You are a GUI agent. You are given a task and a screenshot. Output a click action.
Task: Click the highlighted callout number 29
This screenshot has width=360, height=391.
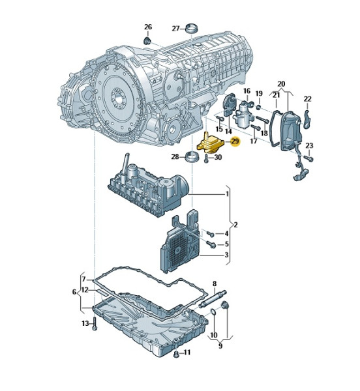click(235, 141)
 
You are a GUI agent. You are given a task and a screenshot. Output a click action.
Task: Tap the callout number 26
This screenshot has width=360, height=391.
click(148, 27)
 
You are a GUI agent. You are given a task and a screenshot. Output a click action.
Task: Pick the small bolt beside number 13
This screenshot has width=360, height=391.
click(95, 323)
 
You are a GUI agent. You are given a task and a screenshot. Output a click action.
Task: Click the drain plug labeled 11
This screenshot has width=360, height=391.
click(176, 354)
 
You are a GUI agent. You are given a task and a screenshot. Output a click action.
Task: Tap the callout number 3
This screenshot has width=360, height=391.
click(226, 255)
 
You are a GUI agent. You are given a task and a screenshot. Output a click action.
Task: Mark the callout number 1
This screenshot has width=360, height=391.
click(227, 194)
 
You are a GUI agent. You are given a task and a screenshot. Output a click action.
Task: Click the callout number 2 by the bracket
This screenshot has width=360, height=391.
click(235, 225)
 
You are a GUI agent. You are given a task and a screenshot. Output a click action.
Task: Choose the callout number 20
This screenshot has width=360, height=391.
click(281, 84)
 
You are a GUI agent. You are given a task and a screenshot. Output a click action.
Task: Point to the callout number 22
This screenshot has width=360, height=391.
click(308, 98)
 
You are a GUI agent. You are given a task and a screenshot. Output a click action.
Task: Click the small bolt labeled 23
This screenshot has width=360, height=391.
click(311, 157)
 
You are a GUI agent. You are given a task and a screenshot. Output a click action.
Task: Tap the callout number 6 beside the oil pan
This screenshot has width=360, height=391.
click(74, 292)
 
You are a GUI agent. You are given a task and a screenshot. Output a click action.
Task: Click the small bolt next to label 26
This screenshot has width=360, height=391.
click(147, 40)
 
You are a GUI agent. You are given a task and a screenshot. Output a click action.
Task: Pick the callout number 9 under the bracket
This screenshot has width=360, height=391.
click(220, 346)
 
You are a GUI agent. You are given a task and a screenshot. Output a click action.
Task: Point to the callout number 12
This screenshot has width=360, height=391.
click(84, 290)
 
